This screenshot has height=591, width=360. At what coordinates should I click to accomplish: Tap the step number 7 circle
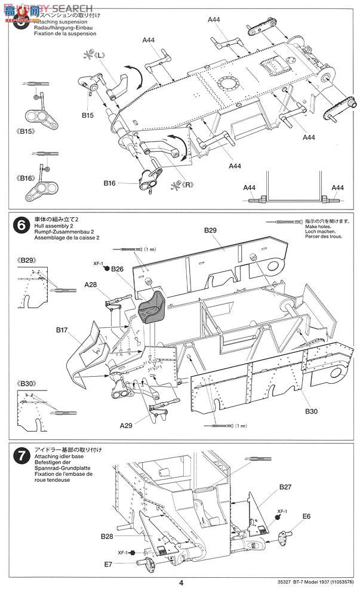(x=21, y=457)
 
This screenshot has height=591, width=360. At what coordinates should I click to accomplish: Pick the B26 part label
(x=117, y=269)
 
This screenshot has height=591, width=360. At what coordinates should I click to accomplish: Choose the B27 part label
(x=284, y=487)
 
